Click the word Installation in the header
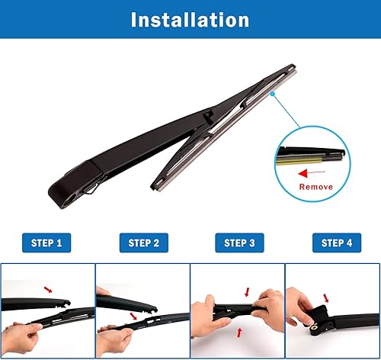pyautogui.click(x=190, y=19)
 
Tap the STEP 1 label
pyautogui.click(x=47, y=243)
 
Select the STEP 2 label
pyautogui.click(x=143, y=243)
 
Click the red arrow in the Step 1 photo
pyautogui.click(x=49, y=290)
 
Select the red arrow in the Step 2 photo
pyautogui.click(x=134, y=314)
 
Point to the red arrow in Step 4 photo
pyautogui.click(x=326, y=297)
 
